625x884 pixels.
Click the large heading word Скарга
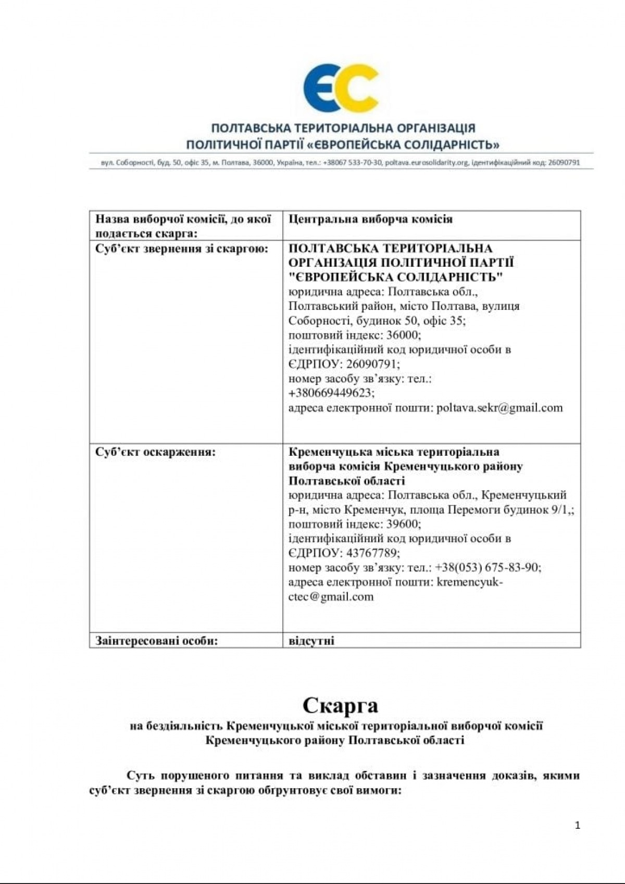click(340, 705)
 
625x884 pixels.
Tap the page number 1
click(577, 825)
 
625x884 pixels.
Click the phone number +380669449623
click(331, 393)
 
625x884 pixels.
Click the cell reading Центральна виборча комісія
click(370, 219)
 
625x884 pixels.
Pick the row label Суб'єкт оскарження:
click(155, 452)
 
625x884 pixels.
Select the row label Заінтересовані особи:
click(156, 641)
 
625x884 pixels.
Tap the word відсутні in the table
click(311, 641)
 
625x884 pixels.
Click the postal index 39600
click(403, 524)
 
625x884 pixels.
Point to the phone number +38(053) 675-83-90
click(488, 567)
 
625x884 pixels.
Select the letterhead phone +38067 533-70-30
click(352, 163)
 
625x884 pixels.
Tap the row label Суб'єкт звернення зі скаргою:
click(181, 248)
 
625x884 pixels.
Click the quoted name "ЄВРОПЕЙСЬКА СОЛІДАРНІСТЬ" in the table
click(396, 277)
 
